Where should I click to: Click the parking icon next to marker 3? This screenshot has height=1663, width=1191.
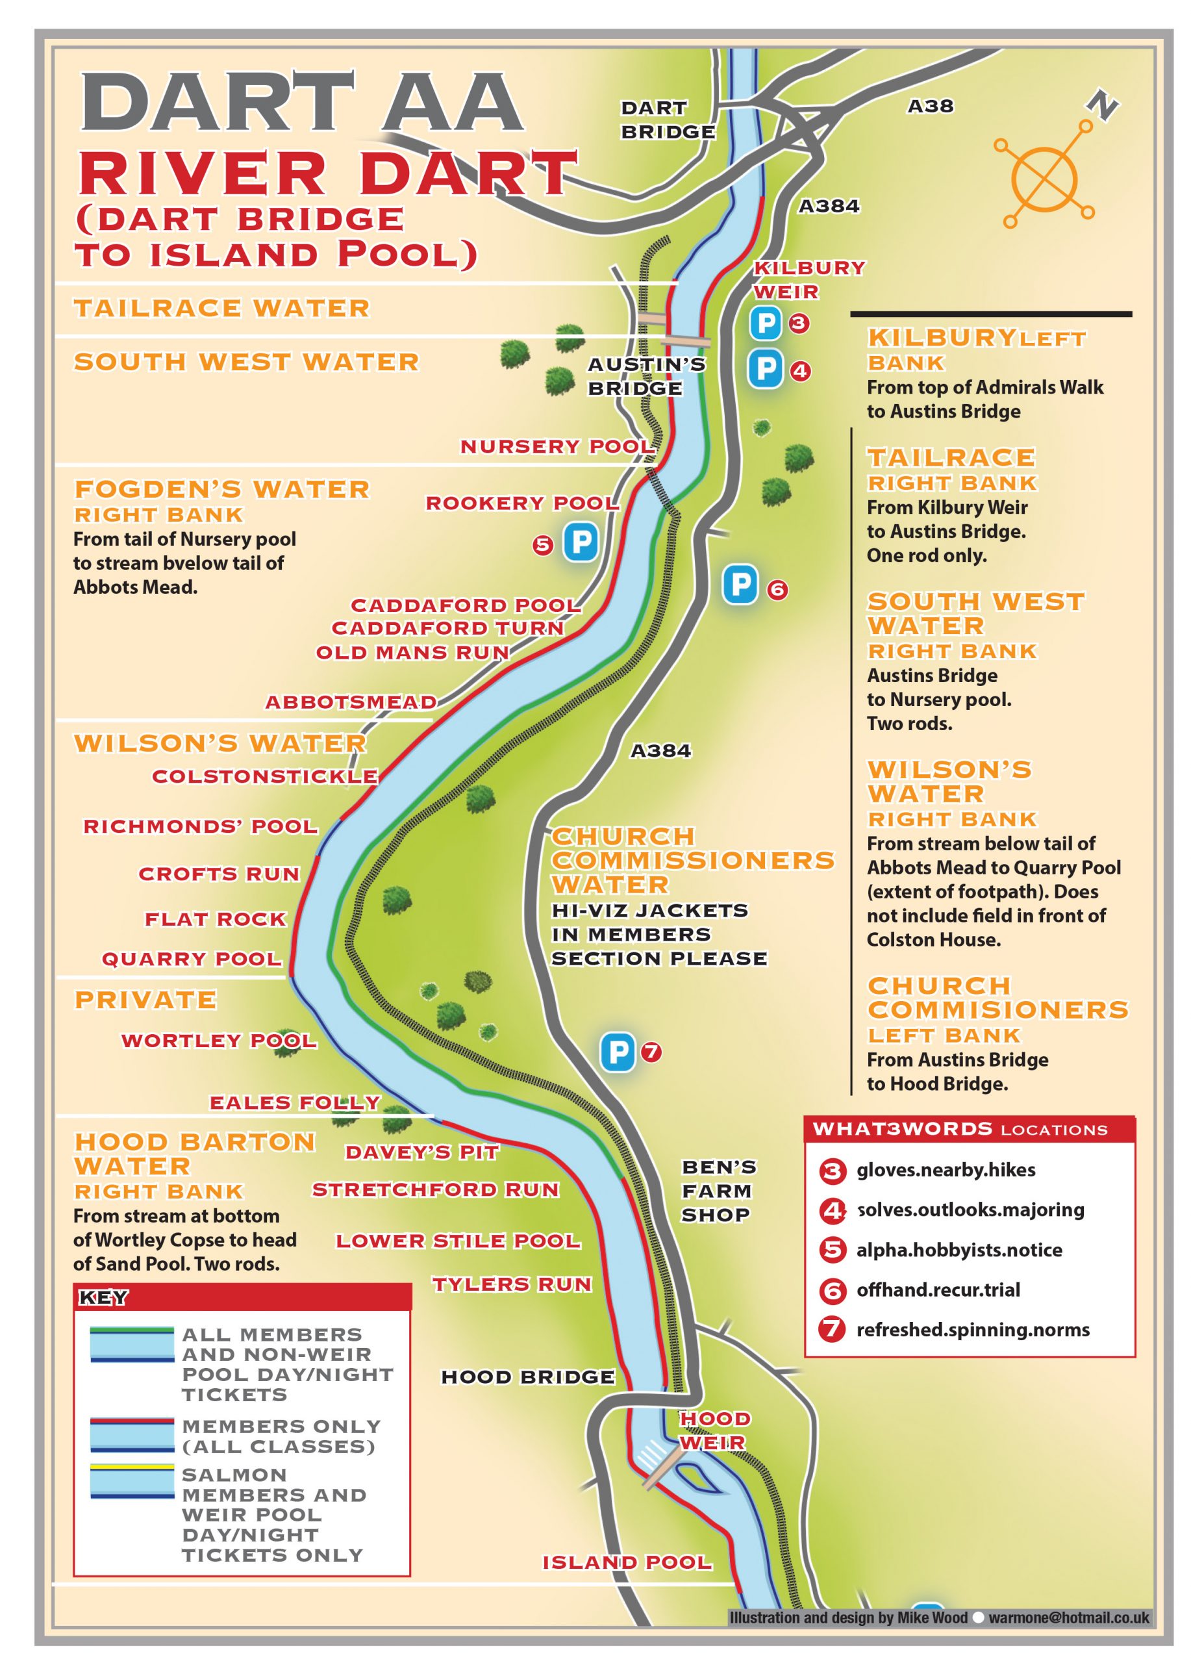(766, 323)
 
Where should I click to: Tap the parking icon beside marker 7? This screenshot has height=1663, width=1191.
(617, 1052)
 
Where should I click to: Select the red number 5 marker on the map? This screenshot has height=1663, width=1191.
(542, 545)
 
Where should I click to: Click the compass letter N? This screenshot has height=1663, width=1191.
(1101, 106)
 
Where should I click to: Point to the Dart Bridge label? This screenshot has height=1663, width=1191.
(667, 120)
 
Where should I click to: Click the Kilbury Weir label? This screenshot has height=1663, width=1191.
(809, 279)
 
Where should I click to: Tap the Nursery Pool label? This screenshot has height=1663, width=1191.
(557, 446)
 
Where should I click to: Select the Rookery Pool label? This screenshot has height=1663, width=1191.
(522, 503)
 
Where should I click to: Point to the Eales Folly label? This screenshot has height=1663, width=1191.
(295, 1102)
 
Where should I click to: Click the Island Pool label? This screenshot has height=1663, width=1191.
(627, 1562)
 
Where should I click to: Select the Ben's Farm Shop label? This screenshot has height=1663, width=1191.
(716, 1191)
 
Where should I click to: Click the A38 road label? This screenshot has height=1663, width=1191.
(930, 107)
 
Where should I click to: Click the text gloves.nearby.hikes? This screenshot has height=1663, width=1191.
(946, 1169)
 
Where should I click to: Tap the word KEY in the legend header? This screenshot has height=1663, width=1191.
(103, 1298)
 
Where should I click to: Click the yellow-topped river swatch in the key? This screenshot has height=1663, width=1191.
(132, 1481)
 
